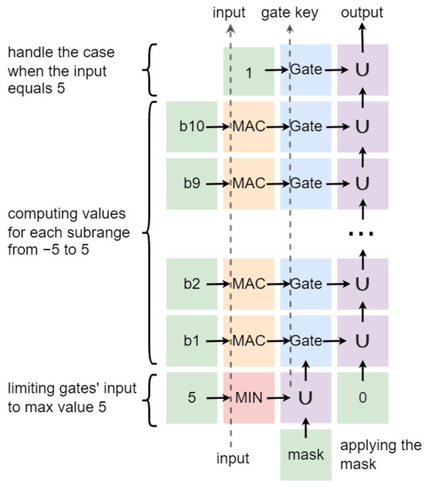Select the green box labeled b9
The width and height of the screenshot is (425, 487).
[x=192, y=183]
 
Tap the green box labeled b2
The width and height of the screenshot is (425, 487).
[x=192, y=284]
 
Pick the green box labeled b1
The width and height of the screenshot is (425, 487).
[x=192, y=340]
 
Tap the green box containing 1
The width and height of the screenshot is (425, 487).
[x=249, y=71]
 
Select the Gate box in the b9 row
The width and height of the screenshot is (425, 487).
[x=306, y=183]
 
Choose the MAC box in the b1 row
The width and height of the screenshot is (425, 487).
[x=249, y=340]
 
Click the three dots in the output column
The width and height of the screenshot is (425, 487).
[x=362, y=234]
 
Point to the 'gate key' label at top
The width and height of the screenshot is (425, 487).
[x=290, y=12]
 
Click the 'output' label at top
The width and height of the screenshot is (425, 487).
[x=362, y=12]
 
